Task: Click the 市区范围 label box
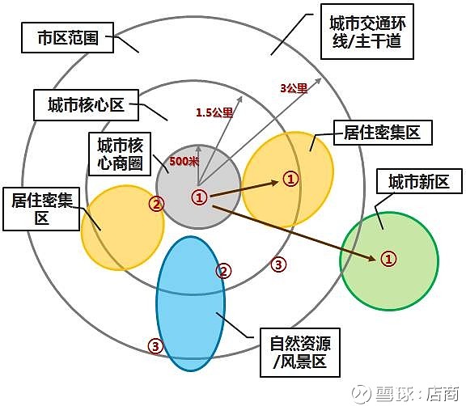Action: coord(67,38)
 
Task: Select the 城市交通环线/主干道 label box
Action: coord(367,32)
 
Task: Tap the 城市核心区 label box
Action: coord(86,105)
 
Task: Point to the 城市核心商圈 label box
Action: coord(120,154)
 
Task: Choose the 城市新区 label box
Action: coord(419,181)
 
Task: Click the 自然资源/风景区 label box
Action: coord(300,353)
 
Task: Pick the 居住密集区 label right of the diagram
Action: coord(383,133)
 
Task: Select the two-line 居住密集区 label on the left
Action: coord(41,209)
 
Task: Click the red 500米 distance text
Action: coord(184,161)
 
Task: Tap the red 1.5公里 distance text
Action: coord(214,112)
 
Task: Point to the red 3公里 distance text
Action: coord(294,88)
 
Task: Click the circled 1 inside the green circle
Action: coord(388,259)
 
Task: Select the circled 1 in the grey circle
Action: coord(199,197)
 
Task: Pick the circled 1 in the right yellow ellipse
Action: coord(290,179)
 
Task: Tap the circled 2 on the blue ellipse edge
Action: coord(223,271)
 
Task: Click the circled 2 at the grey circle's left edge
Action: coord(157,204)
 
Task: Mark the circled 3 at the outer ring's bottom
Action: coord(155,346)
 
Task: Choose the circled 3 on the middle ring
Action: coord(278,264)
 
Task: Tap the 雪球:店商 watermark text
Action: coord(407,394)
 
